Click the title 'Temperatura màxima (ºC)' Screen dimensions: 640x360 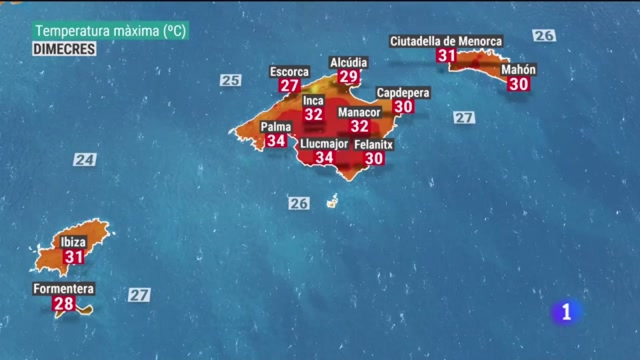coord(110,31)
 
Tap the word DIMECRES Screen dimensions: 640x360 coord(64,49)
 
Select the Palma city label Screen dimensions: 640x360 coord(276,127)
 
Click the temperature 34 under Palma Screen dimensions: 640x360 coord(276,140)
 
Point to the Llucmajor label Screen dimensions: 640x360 coord(324,144)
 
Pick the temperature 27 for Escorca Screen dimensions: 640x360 coord(289,85)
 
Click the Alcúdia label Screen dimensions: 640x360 coord(348,62)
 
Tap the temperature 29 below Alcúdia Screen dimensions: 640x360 coord(348,76)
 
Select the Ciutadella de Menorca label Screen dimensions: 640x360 coord(446,41)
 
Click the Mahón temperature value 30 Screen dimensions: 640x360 coord(518,84)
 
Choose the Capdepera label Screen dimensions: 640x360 coord(403,93)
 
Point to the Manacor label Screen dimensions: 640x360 coord(359,112)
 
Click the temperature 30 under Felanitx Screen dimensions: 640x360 coord(374,158)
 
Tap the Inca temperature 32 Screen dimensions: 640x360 coord(313,114)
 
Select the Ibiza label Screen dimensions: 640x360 coord(73,242)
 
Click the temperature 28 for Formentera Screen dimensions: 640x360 coord(64,304)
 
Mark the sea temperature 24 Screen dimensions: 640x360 coord(85,160)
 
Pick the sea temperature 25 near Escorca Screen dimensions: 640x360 coord(231,80)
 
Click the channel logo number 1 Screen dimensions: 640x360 coord(566,312)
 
